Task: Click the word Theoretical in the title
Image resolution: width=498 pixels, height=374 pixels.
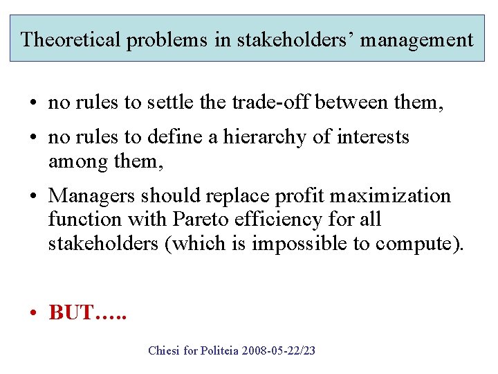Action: coord(70,39)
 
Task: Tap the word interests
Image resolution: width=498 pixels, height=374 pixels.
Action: coord(373,137)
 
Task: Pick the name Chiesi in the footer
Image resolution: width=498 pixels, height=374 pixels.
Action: coord(165,350)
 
